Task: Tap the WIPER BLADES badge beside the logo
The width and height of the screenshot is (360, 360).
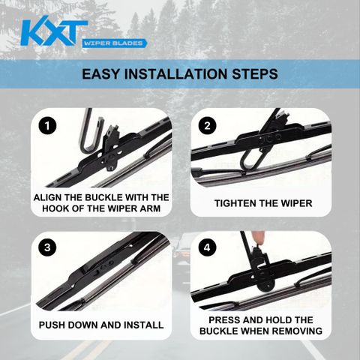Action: (x=114, y=43)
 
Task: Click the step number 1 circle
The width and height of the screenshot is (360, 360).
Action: (x=47, y=126)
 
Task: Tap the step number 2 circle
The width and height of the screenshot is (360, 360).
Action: (x=207, y=126)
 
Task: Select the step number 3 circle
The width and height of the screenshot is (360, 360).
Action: (x=47, y=247)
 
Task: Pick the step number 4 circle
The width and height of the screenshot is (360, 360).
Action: (x=207, y=247)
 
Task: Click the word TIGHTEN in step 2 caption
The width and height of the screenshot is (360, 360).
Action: (x=234, y=203)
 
